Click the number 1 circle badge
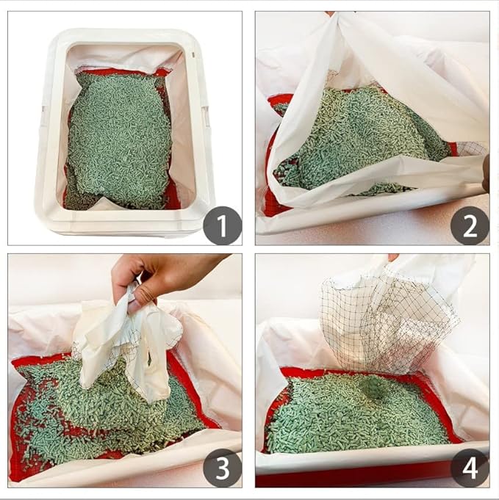point(222,225)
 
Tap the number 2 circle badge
point(470,225)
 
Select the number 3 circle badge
point(222,468)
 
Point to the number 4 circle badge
point(470,468)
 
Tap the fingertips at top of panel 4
point(393,258)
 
